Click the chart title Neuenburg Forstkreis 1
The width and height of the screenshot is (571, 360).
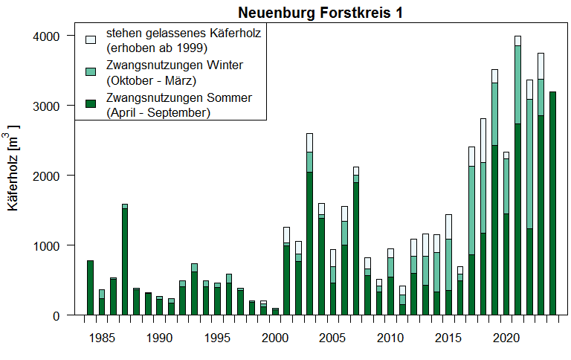point(322,13)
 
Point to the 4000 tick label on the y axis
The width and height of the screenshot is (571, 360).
point(50,36)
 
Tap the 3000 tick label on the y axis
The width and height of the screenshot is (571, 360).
point(50,106)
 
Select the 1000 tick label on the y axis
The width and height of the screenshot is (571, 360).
point(50,245)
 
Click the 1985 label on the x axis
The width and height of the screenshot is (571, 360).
point(102,338)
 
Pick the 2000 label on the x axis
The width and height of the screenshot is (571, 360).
point(275,338)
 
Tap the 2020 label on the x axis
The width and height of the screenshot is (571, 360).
point(506,338)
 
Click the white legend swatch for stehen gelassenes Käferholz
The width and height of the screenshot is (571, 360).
point(91,39)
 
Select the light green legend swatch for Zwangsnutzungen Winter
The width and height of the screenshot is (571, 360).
point(91,71)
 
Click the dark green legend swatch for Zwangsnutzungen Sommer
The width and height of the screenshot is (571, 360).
point(91,103)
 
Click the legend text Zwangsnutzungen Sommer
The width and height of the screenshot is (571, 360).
point(179,98)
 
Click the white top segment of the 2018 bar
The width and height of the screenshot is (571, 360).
point(483,140)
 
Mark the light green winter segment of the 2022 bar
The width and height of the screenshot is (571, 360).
point(529,164)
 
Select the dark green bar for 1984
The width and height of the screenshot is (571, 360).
point(90,288)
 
